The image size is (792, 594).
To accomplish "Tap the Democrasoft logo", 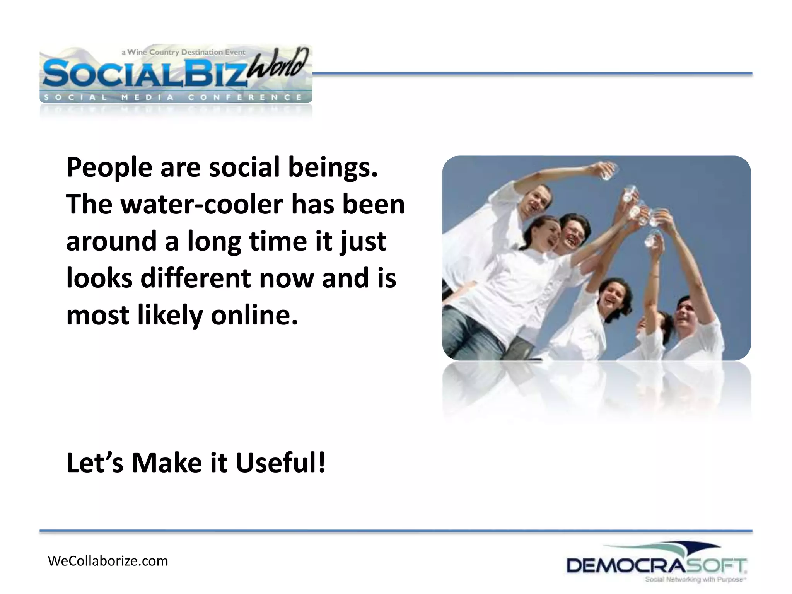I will pyautogui.click(x=656, y=565).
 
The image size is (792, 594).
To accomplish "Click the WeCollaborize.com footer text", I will pyautogui.click(x=108, y=561).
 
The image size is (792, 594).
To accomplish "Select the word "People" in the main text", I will pyautogui.click(x=109, y=169).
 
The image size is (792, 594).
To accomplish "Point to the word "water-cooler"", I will pyautogui.click(x=202, y=205).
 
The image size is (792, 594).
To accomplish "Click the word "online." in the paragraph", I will pyautogui.click(x=254, y=315).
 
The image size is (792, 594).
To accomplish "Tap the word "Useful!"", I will pyautogui.click(x=281, y=463).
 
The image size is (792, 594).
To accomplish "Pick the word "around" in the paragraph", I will pyautogui.click(x=111, y=242).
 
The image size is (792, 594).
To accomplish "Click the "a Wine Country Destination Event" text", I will pyautogui.click(x=183, y=52).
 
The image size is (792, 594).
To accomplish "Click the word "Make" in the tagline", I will pyautogui.click(x=167, y=463).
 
